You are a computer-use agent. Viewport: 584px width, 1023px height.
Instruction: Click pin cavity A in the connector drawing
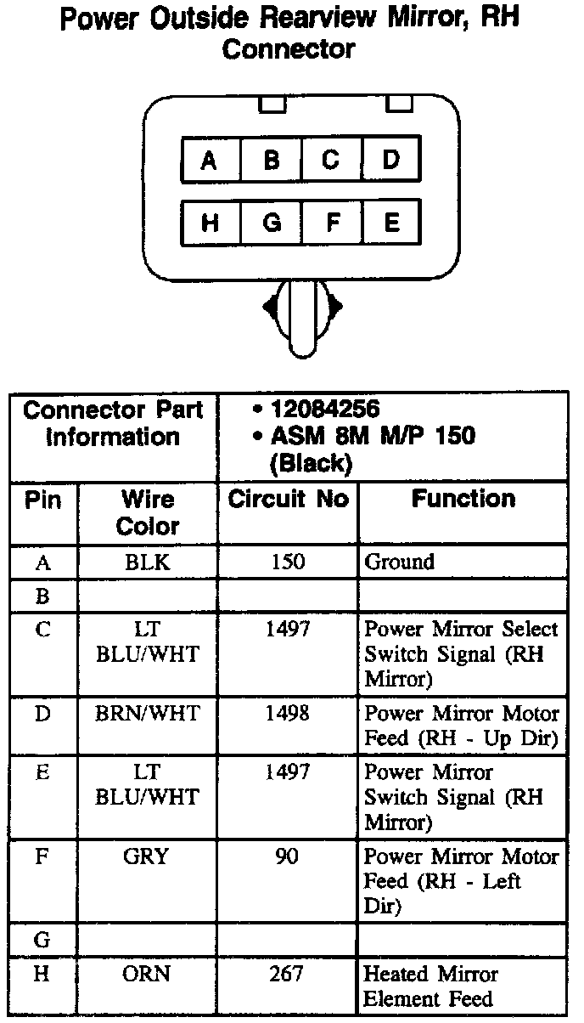coord(210,160)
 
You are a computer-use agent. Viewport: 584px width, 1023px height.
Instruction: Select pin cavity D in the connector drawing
coord(391,160)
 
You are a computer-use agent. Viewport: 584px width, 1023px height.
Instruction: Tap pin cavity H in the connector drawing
coord(210,223)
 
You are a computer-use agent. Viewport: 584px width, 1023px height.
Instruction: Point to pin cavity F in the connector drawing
coord(332,223)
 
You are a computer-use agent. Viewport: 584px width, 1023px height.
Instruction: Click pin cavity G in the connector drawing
coord(271,223)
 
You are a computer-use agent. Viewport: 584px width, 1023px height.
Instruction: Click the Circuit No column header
coord(288,500)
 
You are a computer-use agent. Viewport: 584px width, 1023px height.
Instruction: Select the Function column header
coord(463,500)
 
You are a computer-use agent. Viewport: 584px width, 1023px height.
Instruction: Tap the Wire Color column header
coord(148,512)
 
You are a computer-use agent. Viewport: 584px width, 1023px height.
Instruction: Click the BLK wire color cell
coord(148,562)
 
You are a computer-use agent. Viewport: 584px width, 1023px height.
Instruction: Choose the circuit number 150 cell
coord(288,562)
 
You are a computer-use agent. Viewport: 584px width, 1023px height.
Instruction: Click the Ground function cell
coord(399,562)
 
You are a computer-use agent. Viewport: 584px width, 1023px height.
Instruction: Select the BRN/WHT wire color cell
coord(148,714)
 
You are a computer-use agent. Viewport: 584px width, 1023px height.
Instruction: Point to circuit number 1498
coord(288,714)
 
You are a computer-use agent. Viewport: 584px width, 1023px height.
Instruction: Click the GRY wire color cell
coord(148,856)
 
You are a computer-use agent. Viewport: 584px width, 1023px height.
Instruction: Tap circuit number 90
coord(288,856)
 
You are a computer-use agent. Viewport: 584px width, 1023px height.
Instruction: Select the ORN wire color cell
coord(148,974)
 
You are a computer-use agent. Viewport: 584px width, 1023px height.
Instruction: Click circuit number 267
coord(288,974)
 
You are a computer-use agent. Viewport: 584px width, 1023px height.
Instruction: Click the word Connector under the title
coord(288,49)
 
